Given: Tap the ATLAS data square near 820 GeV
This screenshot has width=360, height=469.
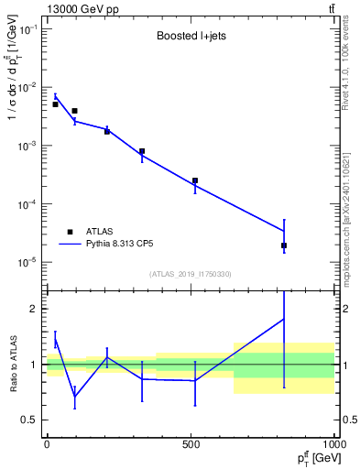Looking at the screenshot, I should click(284, 245).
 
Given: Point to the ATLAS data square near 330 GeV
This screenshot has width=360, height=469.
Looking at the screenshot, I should click(142, 151).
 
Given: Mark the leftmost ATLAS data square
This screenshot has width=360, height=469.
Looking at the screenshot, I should click(55, 104).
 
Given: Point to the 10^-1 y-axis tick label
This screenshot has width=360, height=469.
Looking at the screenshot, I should click(28, 29).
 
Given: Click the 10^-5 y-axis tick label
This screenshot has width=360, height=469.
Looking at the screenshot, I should click(28, 262).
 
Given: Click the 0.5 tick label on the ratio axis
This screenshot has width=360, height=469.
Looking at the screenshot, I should click(32, 420).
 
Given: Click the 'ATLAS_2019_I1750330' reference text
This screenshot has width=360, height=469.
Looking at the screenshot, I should click(190, 274).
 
